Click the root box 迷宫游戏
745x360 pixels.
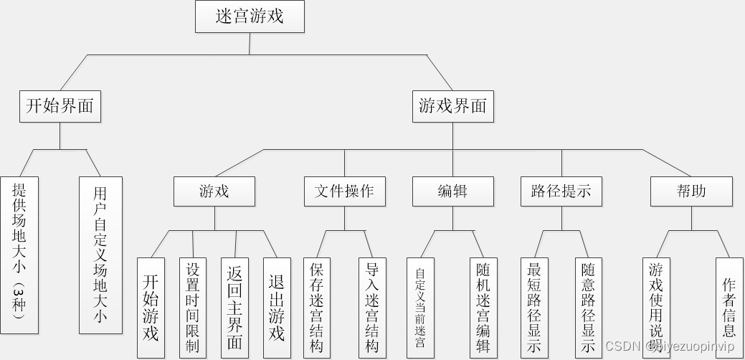(x=250, y=16)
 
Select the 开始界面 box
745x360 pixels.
(x=60, y=107)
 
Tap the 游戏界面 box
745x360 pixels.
(x=452, y=107)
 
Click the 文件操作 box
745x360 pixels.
(x=344, y=191)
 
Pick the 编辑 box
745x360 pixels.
(x=452, y=191)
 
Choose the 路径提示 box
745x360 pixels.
(x=561, y=191)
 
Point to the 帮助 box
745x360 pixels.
(x=691, y=191)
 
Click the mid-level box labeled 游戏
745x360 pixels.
(x=214, y=191)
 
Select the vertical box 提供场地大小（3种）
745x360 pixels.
(x=19, y=255)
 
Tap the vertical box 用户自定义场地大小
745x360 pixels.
(x=100, y=255)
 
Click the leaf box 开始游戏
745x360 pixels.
(x=151, y=308)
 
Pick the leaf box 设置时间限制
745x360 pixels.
(x=193, y=308)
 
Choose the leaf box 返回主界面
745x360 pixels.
(x=235, y=308)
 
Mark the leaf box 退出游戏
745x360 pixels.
(x=277, y=308)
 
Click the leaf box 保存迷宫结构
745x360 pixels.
(x=317, y=308)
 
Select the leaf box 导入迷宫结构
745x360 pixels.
(x=372, y=308)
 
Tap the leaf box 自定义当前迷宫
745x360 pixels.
(x=420, y=308)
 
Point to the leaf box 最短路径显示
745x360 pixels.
(x=534, y=308)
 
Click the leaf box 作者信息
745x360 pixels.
(x=729, y=308)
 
